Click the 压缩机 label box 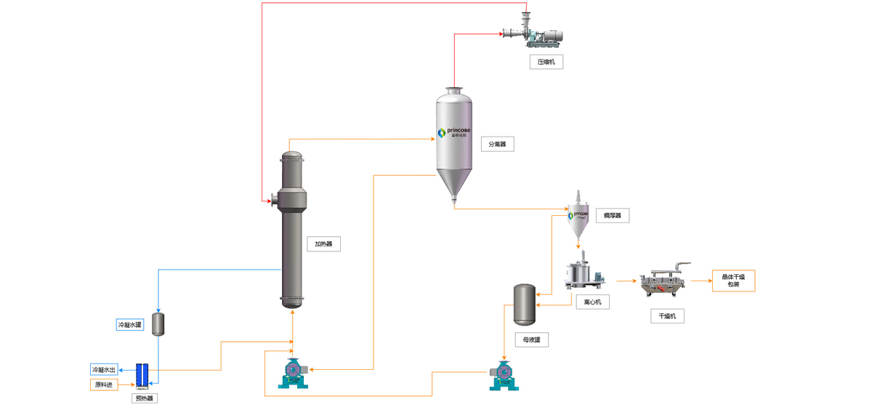[x=546, y=62]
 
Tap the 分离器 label [x=497, y=144]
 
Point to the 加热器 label [x=323, y=244]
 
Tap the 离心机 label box [x=592, y=302]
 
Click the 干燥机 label [x=667, y=315]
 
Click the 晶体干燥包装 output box [x=733, y=281]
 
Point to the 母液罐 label [x=531, y=339]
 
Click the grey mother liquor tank [x=524, y=305]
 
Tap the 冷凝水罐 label [x=130, y=324]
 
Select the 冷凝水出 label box [x=104, y=369]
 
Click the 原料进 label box [x=104, y=384]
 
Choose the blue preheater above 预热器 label [x=144, y=375]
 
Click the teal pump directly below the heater [x=293, y=372]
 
